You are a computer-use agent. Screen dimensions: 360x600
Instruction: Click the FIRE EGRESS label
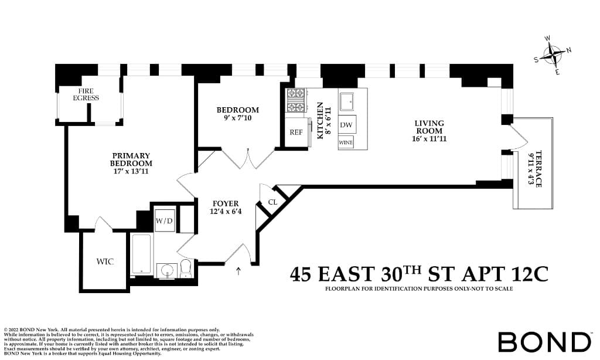86,94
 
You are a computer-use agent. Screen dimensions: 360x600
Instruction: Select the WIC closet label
105,261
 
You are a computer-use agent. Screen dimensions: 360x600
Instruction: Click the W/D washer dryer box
163,221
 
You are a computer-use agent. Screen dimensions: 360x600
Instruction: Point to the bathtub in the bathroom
141,253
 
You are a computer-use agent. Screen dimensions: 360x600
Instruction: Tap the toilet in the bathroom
186,268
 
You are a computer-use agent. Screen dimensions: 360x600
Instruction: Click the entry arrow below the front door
238,271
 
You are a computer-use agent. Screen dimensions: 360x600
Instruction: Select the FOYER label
226,203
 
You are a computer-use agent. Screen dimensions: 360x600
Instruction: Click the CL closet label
272,202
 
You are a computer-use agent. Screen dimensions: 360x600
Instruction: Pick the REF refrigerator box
296,132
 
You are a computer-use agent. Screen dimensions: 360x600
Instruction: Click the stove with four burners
296,100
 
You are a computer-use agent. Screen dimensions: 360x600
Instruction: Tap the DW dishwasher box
346,125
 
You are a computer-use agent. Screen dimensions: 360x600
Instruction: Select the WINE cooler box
346,142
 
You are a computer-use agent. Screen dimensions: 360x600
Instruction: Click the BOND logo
544,342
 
